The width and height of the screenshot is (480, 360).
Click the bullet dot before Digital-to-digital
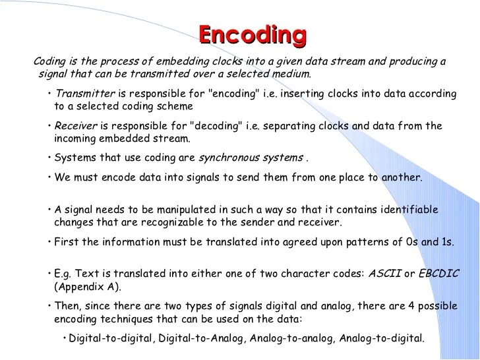click(x=63, y=338)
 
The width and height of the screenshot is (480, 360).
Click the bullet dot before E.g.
click(x=50, y=274)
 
